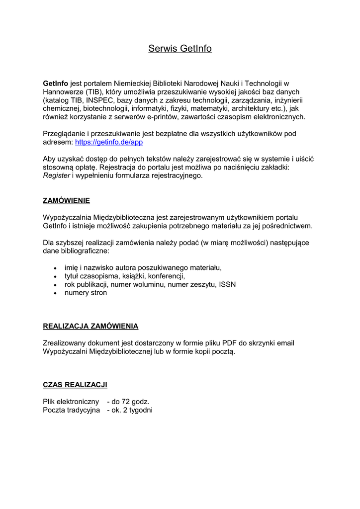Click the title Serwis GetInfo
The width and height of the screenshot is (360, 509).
(x=180, y=49)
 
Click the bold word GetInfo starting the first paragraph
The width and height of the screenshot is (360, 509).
(x=56, y=84)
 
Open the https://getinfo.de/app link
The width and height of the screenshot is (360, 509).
(x=109, y=142)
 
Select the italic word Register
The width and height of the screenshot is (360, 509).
(x=57, y=175)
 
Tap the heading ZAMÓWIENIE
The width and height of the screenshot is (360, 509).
(x=67, y=201)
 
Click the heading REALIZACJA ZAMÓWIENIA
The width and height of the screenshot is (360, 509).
(x=90, y=327)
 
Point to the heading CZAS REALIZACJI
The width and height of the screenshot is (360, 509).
(x=75, y=385)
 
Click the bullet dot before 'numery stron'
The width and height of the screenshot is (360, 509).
(x=55, y=293)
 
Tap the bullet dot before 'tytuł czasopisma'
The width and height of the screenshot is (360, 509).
(x=55, y=276)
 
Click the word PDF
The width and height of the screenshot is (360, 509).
(x=229, y=343)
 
